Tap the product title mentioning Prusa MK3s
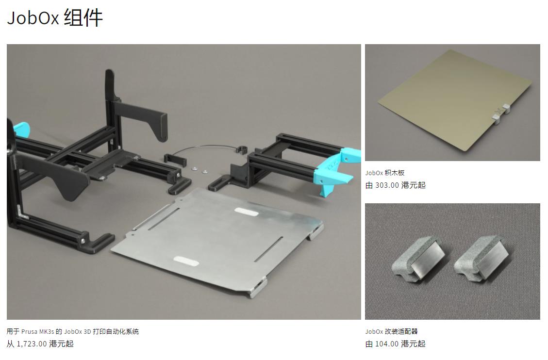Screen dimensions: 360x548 point(73,332)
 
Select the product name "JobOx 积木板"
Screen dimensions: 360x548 point(385,173)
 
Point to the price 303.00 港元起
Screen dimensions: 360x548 point(396,185)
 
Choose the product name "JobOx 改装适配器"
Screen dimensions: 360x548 point(392,332)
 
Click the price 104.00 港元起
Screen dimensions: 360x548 point(396,344)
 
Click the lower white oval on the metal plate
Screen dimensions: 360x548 point(186,261)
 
